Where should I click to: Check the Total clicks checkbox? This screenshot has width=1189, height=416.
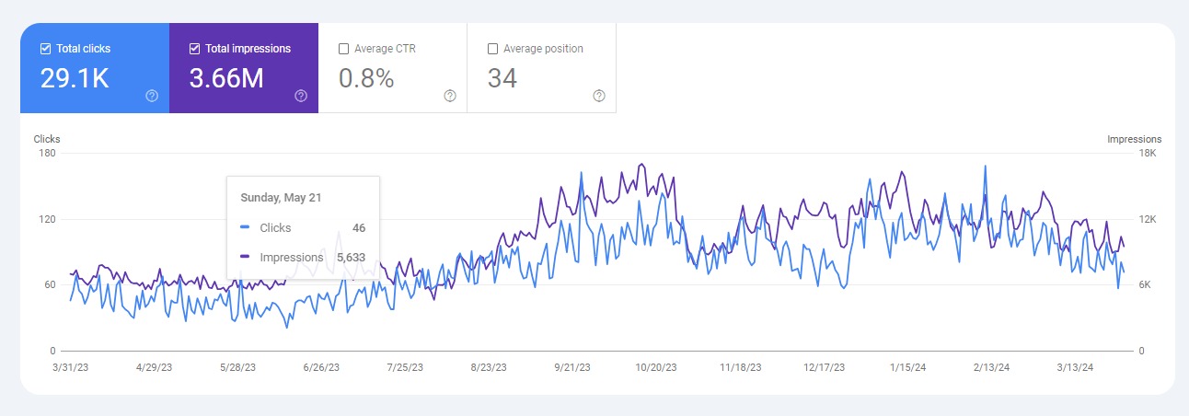click(46, 49)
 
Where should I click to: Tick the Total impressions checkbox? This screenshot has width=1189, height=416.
click(194, 49)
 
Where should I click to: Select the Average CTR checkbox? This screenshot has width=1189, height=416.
click(343, 49)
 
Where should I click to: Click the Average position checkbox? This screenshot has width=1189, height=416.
click(492, 49)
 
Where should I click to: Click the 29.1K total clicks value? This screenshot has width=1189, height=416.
click(75, 79)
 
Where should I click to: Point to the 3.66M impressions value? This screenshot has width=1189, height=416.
click(226, 79)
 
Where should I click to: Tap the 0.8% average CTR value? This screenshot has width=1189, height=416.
click(366, 79)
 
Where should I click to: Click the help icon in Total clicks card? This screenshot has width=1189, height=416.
click(152, 96)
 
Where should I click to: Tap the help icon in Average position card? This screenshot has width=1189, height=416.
click(599, 96)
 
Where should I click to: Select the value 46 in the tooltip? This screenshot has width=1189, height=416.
click(358, 227)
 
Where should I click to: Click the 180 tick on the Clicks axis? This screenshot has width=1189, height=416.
click(47, 153)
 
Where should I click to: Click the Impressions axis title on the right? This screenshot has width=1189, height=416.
click(1134, 140)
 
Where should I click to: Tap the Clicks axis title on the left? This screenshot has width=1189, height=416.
click(47, 140)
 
